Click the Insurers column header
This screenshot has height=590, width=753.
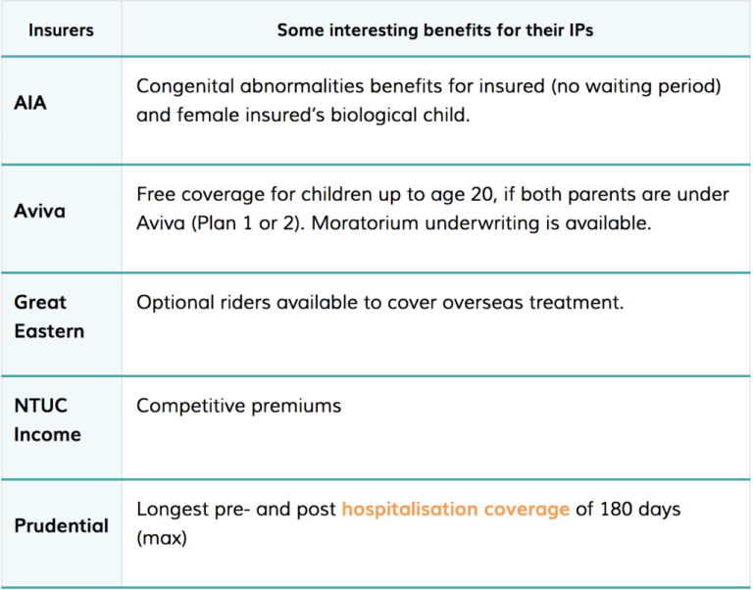[x=61, y=29]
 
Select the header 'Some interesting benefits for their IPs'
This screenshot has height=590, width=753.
[x=434, y=29]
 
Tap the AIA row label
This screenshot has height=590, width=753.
[x=30, y=102]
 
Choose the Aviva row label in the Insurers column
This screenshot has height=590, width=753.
[x=39, y=211]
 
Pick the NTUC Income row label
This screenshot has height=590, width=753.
[x=47, y=419]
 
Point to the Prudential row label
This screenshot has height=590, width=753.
[x=61, y=525]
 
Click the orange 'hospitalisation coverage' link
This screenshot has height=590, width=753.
[x=455, y=510]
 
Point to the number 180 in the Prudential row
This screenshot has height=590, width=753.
[x=620, y=510]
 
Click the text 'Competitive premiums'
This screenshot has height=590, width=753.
[x=238, y=405]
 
